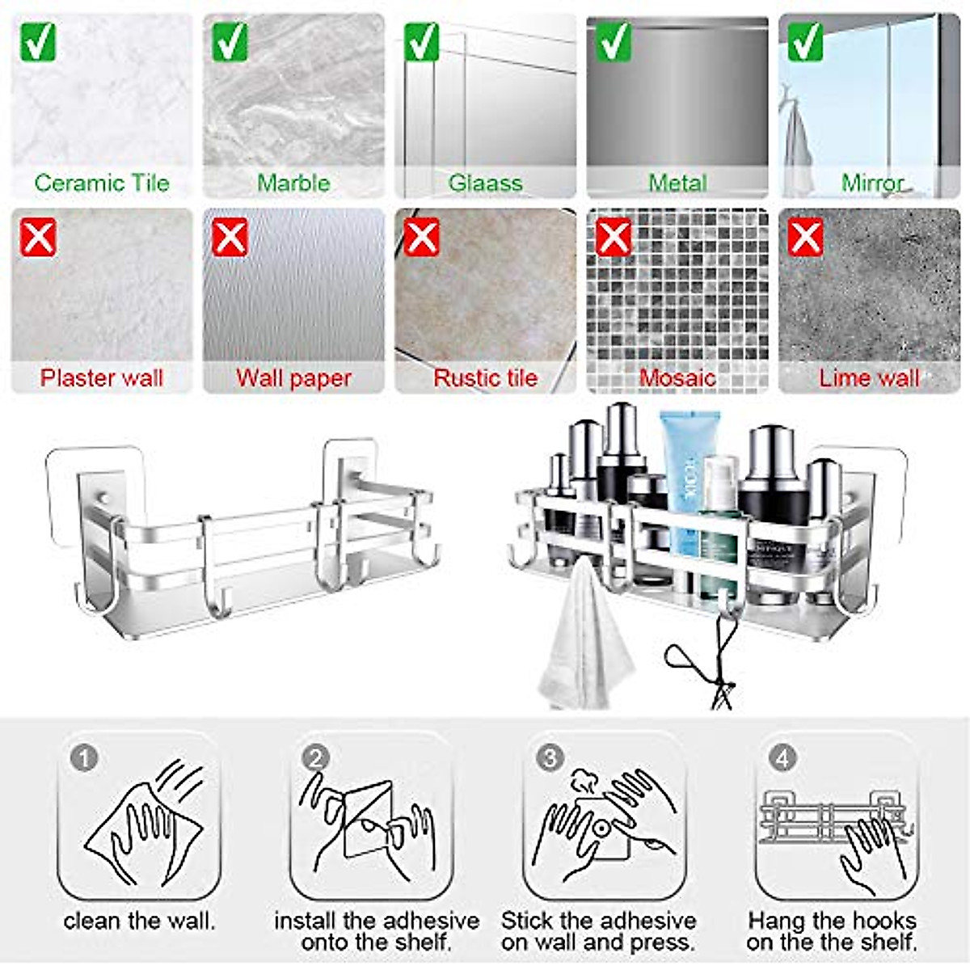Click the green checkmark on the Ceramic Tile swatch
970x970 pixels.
(x=38, y=41)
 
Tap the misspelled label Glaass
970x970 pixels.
(x=485, y=183)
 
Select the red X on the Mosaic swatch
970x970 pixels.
(x=614, y=237)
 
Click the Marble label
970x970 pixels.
(x=293, y=183)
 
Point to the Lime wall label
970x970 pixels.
(x=869, y=378)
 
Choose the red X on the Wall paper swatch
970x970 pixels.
(x=230, y=237)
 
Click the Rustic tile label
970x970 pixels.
(x=485, y=378)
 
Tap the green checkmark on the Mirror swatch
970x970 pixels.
(x=805, y=41)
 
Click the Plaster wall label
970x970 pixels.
(x=102, y=378)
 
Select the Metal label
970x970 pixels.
(x=677, y=183)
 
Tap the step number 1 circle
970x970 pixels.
(x=84, y=758)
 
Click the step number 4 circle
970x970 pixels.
(x=782, y=758)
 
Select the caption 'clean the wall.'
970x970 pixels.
(x=139, y=921)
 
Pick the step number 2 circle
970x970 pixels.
(x=315, y=758)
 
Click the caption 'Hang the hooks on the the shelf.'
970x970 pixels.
(x=832, y=931)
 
